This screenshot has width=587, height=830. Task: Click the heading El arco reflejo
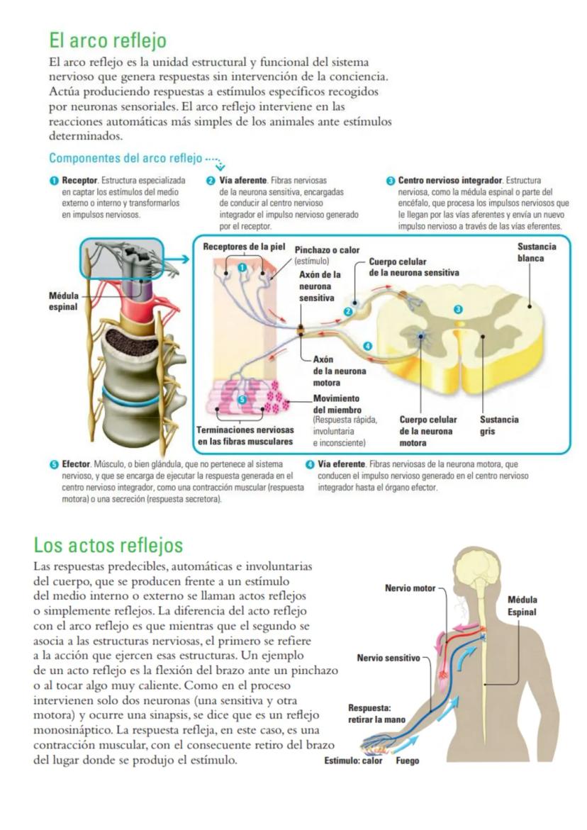tap(107, 40)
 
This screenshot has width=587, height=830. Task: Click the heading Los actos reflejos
tap(108, 545)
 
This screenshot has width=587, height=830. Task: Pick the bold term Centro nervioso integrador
tap(449, 181)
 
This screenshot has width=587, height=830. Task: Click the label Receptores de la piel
tap(243, 247)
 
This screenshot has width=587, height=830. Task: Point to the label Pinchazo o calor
tap(327, 250)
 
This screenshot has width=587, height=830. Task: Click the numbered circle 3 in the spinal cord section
tap(459, 310)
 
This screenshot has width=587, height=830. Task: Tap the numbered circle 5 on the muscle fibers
tap(242, 400)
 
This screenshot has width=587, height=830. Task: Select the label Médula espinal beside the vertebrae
tap(53, 302)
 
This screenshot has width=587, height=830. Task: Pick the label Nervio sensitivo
tap(388, 658)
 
